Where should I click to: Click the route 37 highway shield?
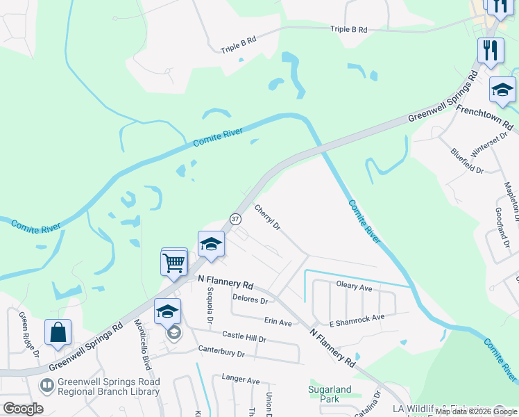pyautogui.click(x=235, y=219)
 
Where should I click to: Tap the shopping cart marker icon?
pyautogui.click(x=173, y=263)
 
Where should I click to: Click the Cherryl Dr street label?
pyautogui.click(x=267, y=217)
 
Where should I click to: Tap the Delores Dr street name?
pyautogui.click(x=250, y=300)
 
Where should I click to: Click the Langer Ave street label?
pyautogui.click(x=240, y=380)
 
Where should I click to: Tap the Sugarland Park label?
pyautogui.click(x=330, y=394)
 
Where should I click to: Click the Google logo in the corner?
pyautogui.click(x=23, y=409)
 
